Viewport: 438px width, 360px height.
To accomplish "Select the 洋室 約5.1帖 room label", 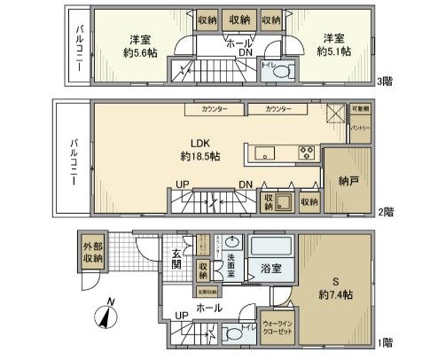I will pyautogui.click(x=332, y=44).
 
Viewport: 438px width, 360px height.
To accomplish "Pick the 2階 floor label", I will pyautogui.click(x=385, y=213).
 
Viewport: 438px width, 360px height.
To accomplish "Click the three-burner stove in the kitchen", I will pyautogui.click(x=305, y=153).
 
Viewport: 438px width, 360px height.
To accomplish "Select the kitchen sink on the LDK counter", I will pyautogui.click(x=268, y=153).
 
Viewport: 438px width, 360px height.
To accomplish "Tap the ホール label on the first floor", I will pyautogui.click(x=209, y=309).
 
